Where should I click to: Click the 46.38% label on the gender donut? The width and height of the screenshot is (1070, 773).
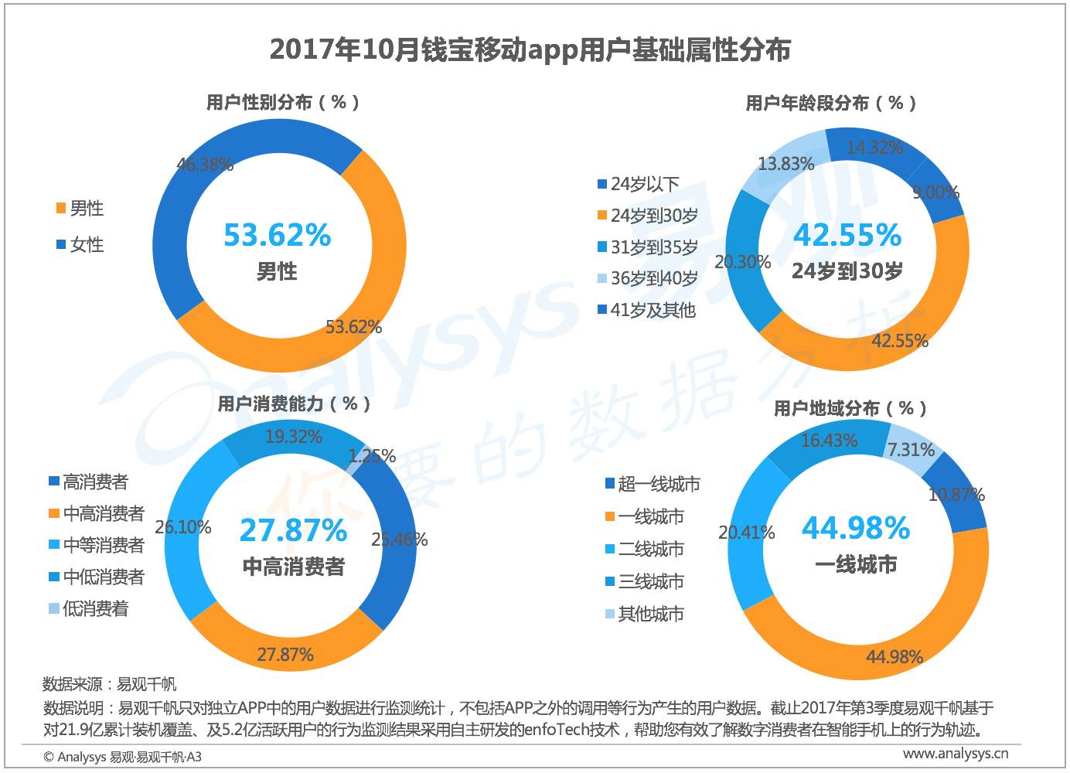click(204, 165)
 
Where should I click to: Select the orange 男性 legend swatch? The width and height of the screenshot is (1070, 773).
click(60, 208)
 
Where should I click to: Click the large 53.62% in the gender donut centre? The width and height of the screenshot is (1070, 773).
click(278, 235)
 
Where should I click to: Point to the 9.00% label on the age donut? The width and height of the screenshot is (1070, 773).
click(935, 192)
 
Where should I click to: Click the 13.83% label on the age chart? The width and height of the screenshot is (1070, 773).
click(786, 164)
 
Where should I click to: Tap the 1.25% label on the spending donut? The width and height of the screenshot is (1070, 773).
click(372, 456)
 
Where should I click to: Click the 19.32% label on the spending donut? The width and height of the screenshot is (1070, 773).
click(294, 437)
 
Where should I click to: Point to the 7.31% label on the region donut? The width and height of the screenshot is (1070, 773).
click(911, 450)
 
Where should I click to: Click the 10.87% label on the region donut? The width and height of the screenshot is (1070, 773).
click(956, 495)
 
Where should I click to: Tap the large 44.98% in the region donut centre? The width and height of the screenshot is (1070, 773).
click(856, 528)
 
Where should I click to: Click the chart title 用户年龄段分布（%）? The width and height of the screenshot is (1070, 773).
click(831, 103)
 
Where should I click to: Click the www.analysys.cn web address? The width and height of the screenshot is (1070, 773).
click(956, 754)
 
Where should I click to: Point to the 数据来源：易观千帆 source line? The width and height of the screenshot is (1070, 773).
click(109, 684)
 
